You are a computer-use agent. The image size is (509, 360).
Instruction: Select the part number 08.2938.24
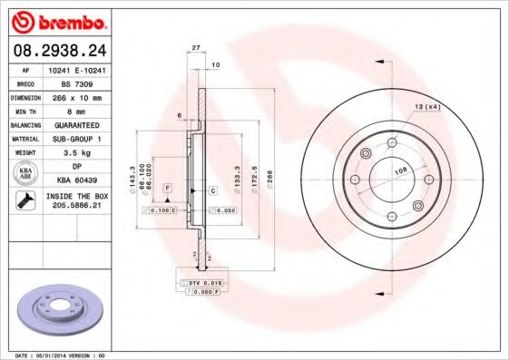(61, 51)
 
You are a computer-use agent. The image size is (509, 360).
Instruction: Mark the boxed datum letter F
(168, 189)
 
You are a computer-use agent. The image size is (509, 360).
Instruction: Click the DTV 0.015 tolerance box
(208, 283)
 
